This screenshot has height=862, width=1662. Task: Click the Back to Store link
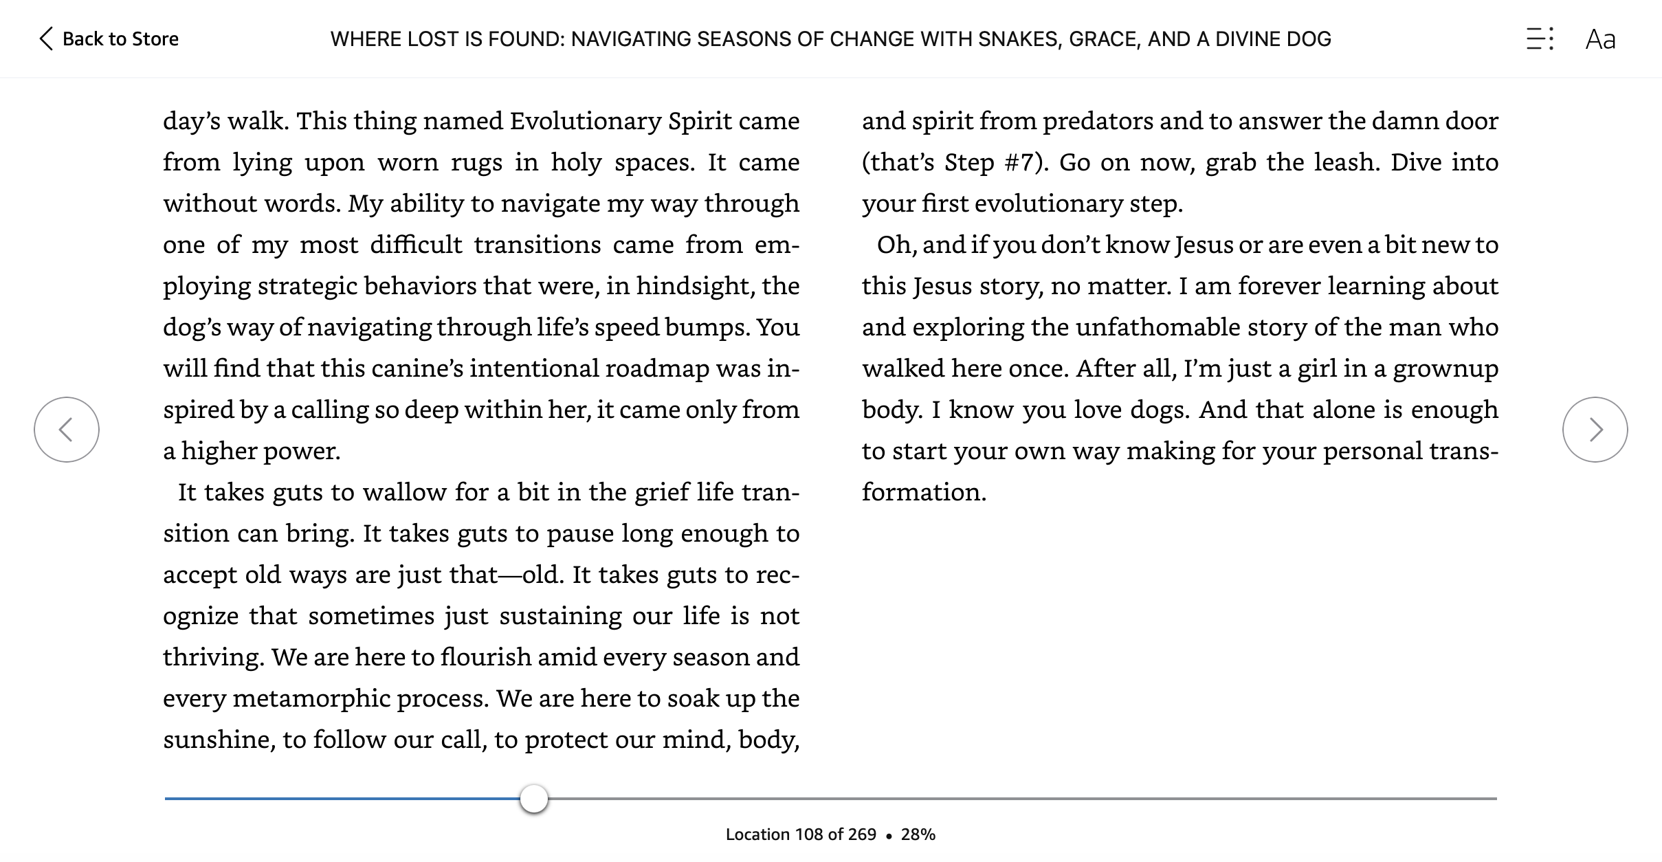point(110,39)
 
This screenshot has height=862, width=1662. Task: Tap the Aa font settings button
point(1600,39)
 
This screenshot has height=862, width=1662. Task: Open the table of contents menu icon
point(1540,39)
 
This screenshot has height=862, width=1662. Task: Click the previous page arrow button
point(67,430)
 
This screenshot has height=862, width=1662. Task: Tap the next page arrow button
point(1595,430)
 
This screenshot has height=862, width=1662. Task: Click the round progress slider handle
point(534,799)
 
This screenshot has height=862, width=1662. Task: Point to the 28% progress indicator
point(918,835)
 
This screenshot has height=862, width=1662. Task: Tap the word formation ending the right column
point(923,492)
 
